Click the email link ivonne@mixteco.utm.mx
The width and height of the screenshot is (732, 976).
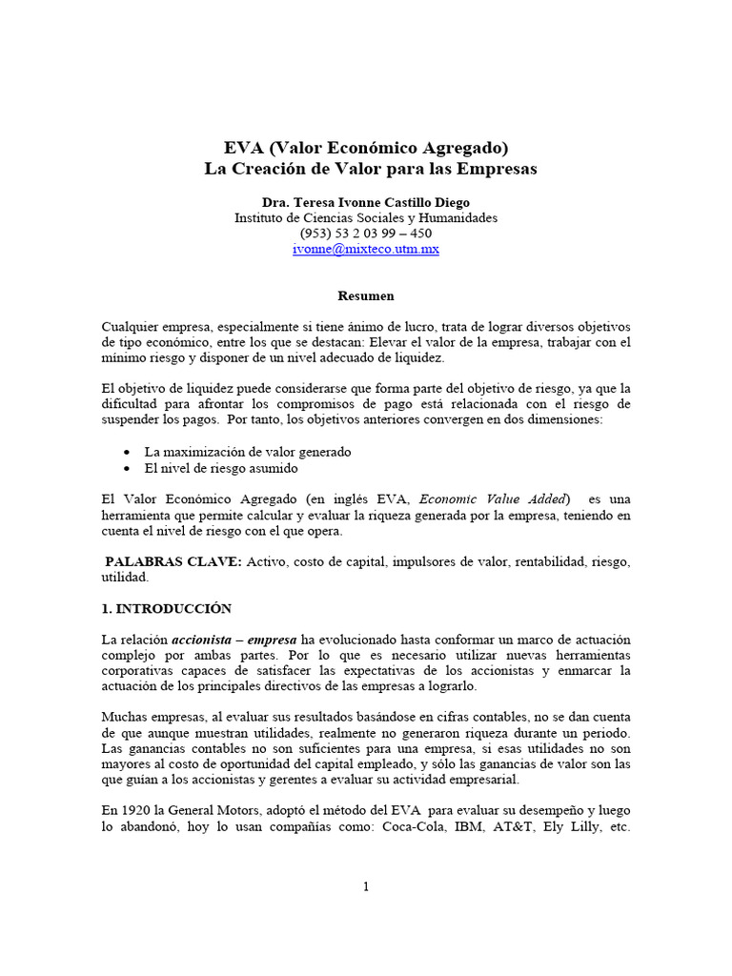365,249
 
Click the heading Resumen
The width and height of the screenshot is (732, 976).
366,296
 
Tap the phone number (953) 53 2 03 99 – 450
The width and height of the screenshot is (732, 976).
366,234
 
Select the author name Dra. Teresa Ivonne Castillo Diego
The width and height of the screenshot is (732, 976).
366,202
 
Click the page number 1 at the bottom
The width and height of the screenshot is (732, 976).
365,886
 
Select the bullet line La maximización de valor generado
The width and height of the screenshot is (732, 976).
248,452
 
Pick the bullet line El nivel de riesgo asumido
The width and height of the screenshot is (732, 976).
221,469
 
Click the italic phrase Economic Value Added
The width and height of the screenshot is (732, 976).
494,498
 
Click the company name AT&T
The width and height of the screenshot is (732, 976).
515,827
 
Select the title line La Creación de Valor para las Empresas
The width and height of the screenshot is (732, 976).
371,169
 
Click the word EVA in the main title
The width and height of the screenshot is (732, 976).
244,148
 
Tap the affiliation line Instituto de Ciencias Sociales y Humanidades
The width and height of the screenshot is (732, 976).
366,218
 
